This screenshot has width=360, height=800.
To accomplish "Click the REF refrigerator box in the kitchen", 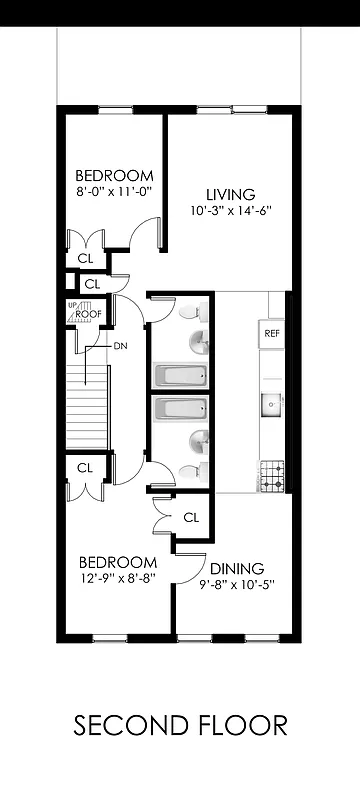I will coord(271,333).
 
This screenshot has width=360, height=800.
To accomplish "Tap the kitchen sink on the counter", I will coord(271,405).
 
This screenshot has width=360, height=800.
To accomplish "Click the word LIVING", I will coord(231,194).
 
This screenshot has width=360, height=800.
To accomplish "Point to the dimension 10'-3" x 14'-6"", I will coord(231,211).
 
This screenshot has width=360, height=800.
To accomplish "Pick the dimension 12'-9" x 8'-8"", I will coord(118,578).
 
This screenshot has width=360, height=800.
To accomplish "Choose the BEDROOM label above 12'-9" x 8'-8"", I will coord(118,561).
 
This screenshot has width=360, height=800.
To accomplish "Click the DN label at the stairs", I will coord(120,346).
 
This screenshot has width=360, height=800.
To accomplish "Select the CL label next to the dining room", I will coord(192,517).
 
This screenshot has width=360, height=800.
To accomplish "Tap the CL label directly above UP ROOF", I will coord(92,284).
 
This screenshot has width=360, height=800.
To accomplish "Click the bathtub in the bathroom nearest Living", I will coord(180,377).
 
